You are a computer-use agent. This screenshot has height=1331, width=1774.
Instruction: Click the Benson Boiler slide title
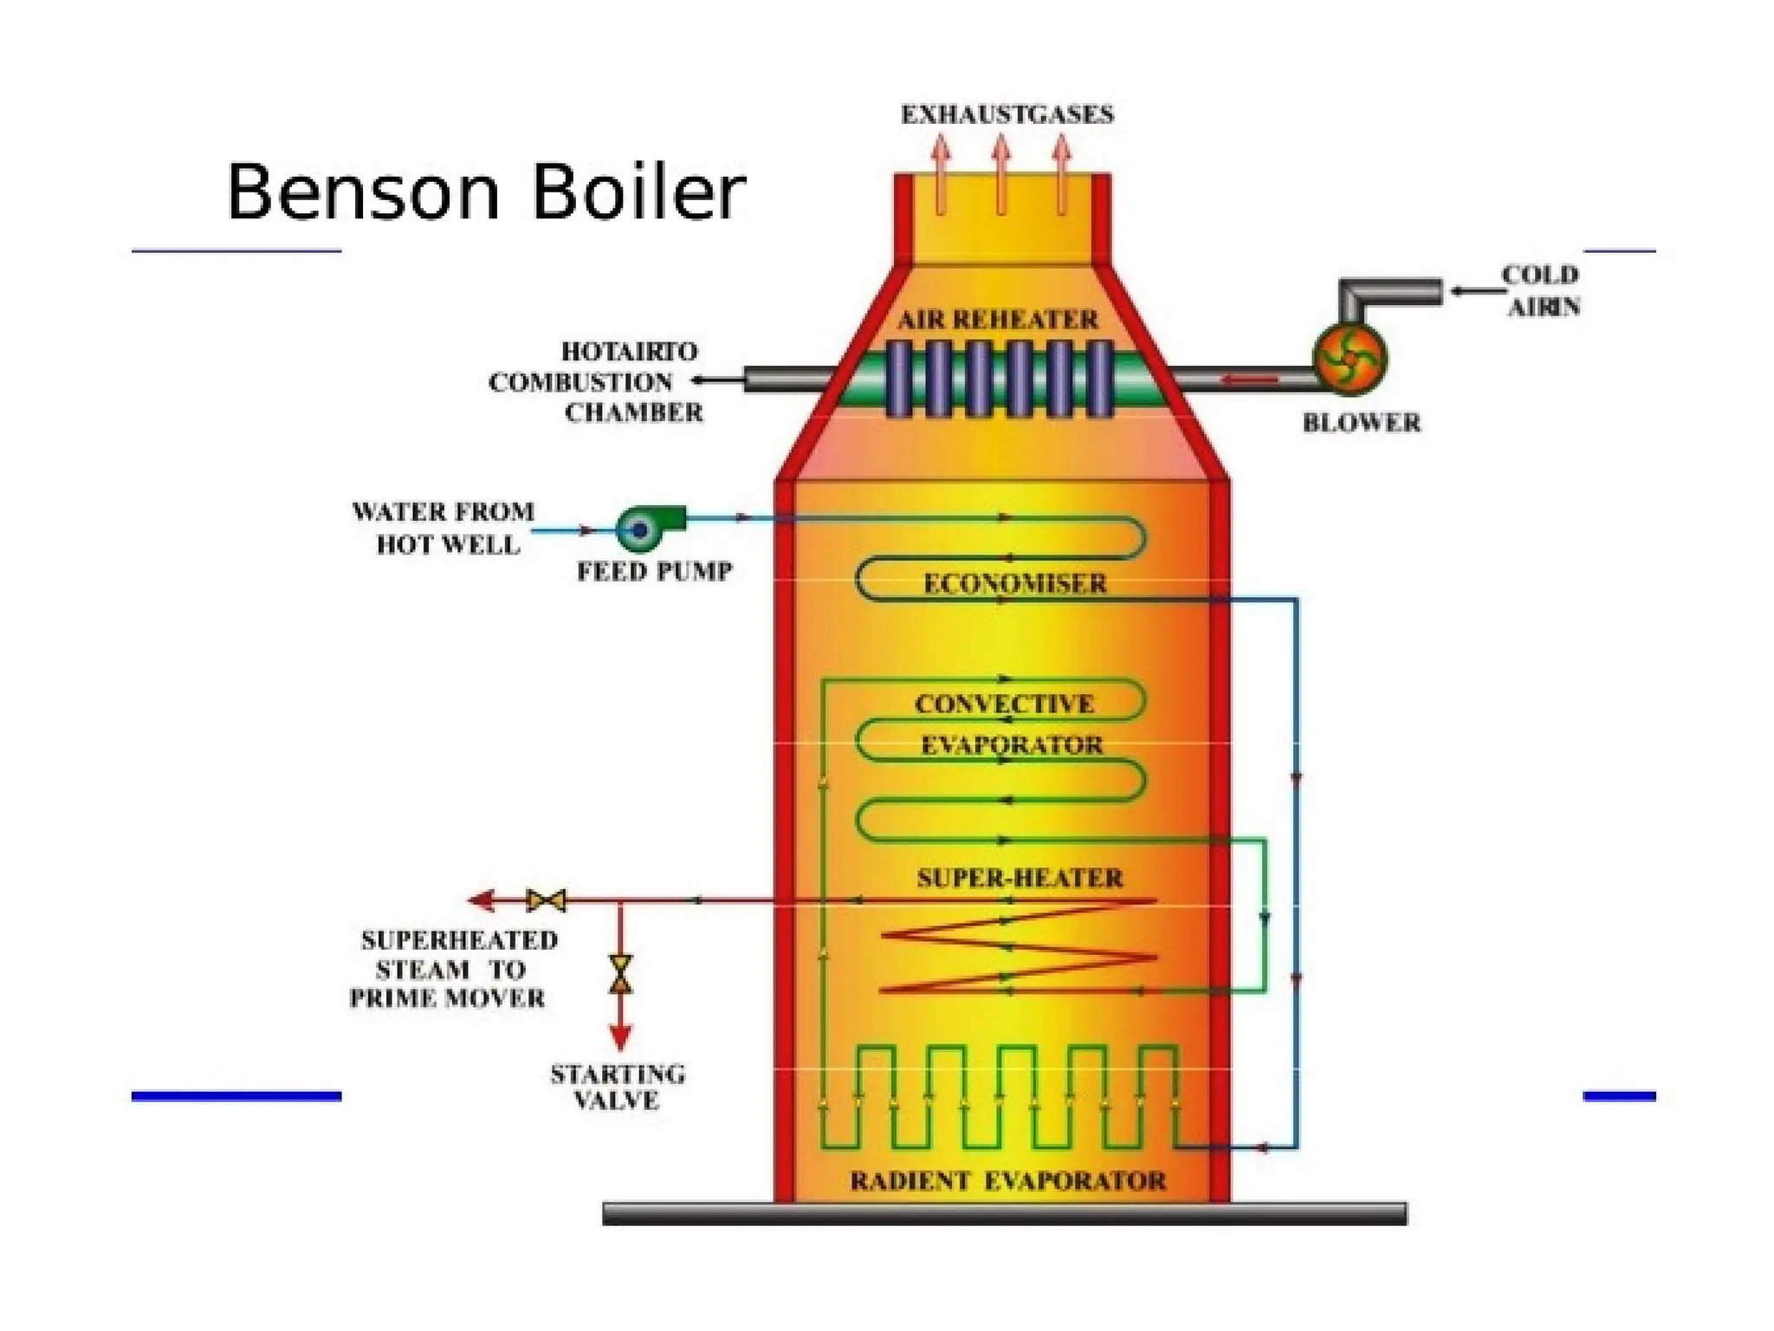pos(485,192)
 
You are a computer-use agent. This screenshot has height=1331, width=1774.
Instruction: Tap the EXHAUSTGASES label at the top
pos(1007,115)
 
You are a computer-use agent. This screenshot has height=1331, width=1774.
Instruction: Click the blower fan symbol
pos(1350,357)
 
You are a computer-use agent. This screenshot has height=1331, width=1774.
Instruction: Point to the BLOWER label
pos(1361,423)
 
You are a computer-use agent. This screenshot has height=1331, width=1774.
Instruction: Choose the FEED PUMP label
pos(655,572)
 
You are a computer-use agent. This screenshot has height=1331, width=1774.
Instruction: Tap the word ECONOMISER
pos(1014,584)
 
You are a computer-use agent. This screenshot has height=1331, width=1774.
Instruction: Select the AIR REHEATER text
pos(997,320)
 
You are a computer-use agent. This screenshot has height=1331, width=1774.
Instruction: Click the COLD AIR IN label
pos(1542,290)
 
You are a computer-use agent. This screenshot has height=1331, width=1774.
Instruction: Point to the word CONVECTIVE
pos(1005,704)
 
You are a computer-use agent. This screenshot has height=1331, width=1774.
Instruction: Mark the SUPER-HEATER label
pos(1020,879)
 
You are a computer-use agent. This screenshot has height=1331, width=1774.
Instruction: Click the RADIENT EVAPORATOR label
pos(1007,1181)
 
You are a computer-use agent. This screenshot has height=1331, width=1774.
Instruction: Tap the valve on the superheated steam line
pos(547,901)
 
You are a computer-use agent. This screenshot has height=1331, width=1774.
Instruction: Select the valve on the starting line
pos(620,973)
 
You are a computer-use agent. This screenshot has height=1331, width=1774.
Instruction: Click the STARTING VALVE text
pos(618,1088)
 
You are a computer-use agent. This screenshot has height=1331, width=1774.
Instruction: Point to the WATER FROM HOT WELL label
pos(443,528)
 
